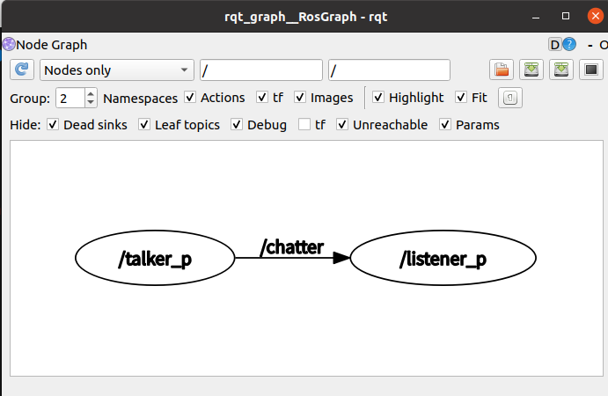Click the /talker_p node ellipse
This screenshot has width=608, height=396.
pos(155,259)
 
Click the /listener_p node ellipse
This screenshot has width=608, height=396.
pos(443,259)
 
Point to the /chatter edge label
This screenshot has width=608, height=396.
pos(292,247)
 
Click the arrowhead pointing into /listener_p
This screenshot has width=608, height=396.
pos(340,259)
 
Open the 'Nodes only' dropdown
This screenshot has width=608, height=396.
pos(117,70)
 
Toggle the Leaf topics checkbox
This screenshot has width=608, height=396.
pos(144,125)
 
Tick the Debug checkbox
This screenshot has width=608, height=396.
pos(237,125)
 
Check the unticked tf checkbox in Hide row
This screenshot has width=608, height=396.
pos(304,125)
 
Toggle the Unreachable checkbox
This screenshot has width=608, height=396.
pos(342,125)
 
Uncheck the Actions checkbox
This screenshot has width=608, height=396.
pos(190,98)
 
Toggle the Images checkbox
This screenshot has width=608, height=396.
pos(300,98)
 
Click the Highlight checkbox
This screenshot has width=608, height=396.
pos(378,98)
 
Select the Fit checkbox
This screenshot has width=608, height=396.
pos(461,98)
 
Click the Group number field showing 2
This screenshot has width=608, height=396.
pos(70,98)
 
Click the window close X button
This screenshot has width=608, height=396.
pos(590,17)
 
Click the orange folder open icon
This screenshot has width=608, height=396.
pos(502,70)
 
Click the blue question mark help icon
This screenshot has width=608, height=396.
pos(569,44)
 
